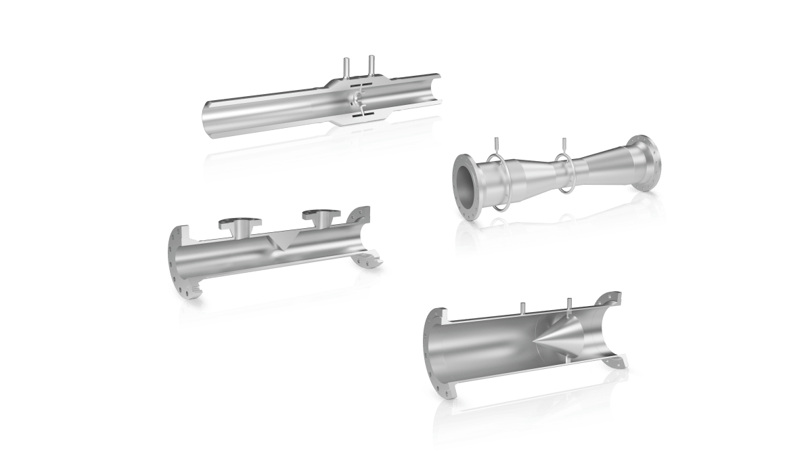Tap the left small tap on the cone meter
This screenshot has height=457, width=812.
tap(522, 308)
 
